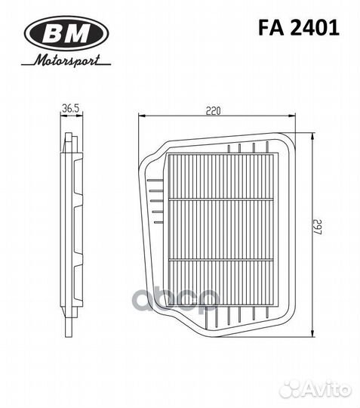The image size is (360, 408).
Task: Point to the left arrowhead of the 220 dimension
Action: pos(143,116)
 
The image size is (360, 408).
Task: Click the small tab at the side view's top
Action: pos(69,138)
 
